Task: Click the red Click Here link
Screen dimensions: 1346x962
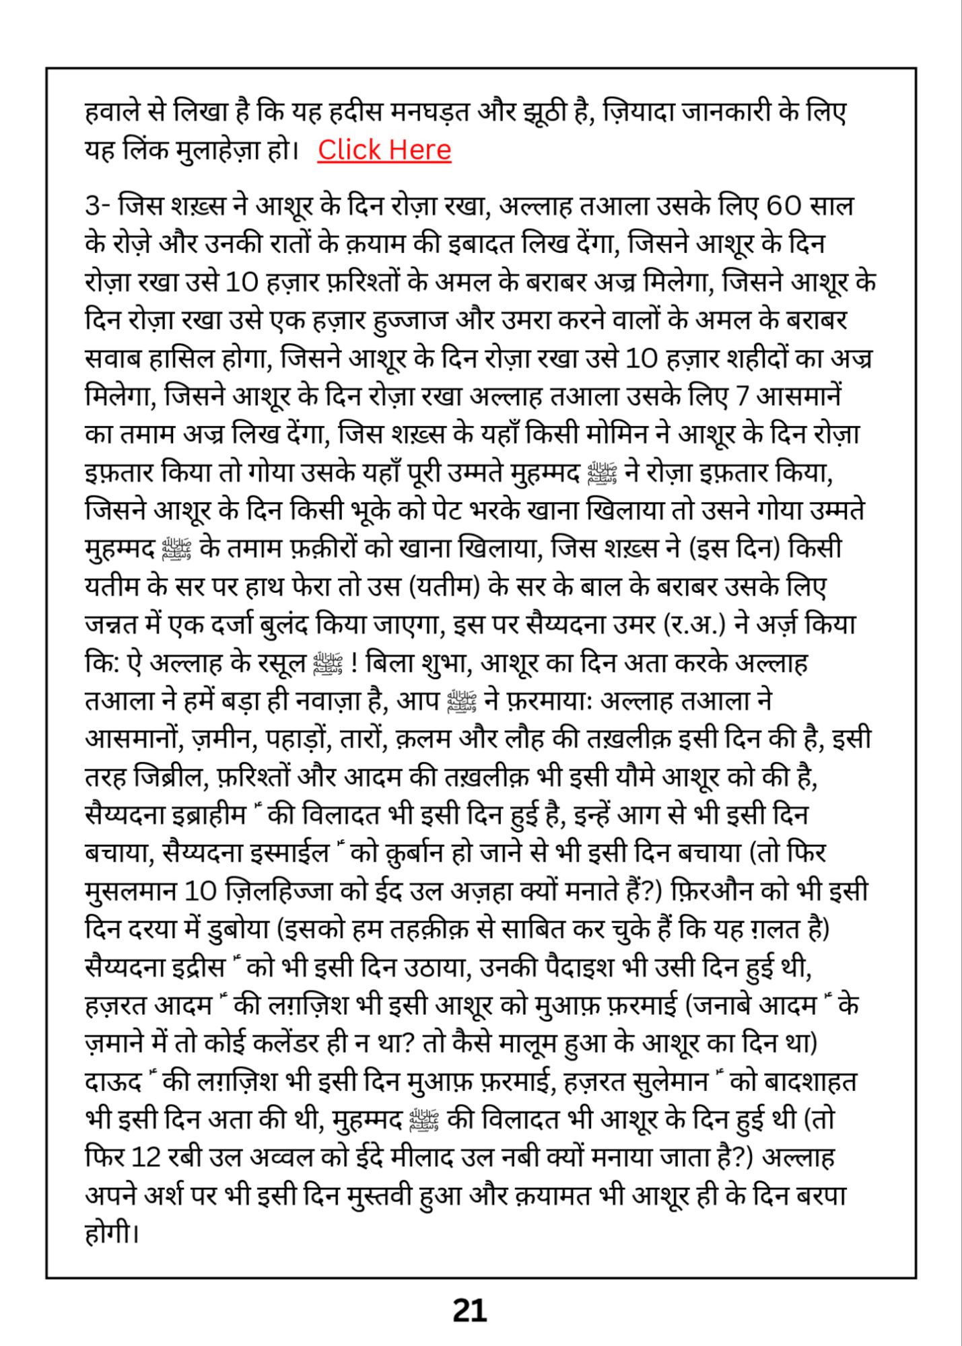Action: pyautogui.click(x=384, y=150)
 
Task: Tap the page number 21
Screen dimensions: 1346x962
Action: pyautogui.click(x=469, y=1310)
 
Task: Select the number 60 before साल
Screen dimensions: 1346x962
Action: pyautogui.click(x=782, y=205)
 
